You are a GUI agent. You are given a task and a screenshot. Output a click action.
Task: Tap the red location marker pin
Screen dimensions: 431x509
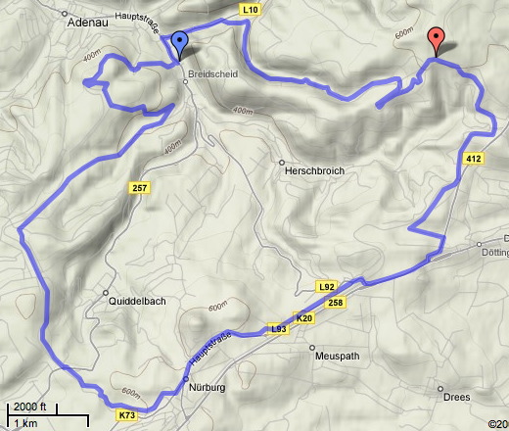[438, 40]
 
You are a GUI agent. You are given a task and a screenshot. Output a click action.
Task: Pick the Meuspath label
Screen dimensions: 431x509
[339, 358]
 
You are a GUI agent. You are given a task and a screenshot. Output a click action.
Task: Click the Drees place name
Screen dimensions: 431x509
[456, 397]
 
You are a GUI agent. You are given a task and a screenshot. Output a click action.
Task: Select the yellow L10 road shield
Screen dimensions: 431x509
[251, 9]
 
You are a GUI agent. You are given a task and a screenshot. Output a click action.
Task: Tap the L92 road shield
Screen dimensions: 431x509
[327, 286]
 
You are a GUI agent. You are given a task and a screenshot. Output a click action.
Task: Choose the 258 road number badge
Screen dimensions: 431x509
[336, 303]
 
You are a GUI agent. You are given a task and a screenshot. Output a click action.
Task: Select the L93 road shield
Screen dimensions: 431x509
[278, 329]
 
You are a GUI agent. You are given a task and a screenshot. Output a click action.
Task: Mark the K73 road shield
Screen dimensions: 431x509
[125, 415]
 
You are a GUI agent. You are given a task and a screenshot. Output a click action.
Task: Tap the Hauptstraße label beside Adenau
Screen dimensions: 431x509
[138, 18]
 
